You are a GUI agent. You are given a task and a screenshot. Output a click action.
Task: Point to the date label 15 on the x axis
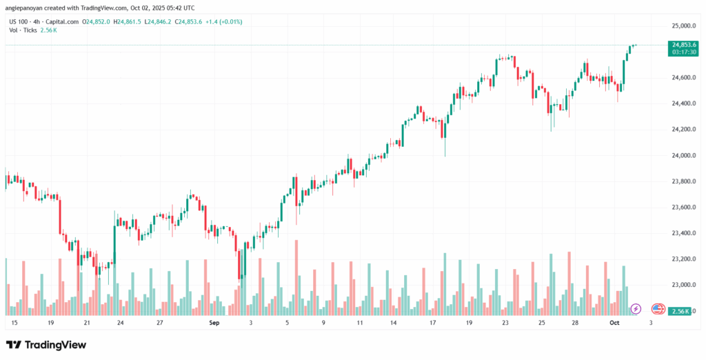tap(14, 322)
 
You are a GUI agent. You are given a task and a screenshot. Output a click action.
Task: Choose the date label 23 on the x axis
tap(505, 322)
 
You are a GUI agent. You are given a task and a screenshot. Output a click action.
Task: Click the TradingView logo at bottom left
tap(46, 345)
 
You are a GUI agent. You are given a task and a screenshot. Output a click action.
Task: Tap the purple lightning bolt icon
tap(636, 308)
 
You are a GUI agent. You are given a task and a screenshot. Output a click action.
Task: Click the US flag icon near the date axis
tap(657, 308)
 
